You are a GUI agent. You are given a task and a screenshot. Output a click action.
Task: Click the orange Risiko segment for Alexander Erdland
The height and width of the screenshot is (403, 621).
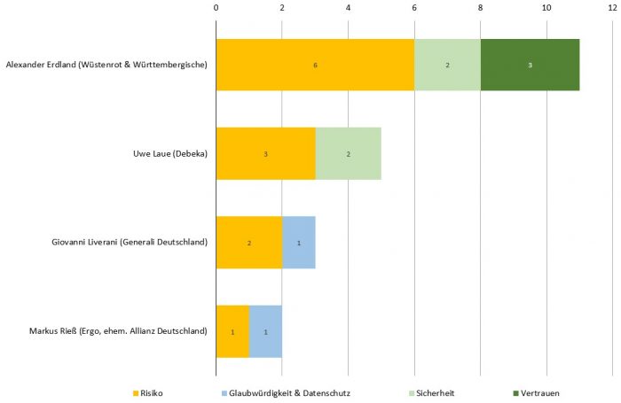pyautogui.click(x=315, y=65)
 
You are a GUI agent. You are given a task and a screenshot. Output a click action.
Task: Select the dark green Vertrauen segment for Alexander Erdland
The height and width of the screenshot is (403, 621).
pyautogui.click(x=530, y=65)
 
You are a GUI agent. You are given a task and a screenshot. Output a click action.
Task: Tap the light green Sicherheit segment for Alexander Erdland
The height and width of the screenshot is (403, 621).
pyautogui.click(x=447, y=65)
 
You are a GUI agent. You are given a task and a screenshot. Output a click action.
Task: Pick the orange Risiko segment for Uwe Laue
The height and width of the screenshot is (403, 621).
pyautogui.click(x=265, y=154)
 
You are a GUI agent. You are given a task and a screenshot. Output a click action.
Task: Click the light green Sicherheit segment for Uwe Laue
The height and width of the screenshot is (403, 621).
pyautogui.click(x=348, y=154)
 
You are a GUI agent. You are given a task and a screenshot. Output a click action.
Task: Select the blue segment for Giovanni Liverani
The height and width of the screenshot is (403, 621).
pyautogui.click(x=299, y=243)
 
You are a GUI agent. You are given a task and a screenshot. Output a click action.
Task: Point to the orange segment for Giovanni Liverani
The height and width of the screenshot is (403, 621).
pyautogui.click(x=249, y=243)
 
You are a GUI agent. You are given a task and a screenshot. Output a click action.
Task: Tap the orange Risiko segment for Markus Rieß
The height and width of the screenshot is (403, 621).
pyautogui.click(x=232, y=331)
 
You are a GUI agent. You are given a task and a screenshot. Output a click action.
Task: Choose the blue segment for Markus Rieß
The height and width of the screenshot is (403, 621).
pyautogui.click(x=265, y=331)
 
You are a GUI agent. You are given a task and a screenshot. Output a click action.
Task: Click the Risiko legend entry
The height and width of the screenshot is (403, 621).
pyautogui.click(x=152, y=392)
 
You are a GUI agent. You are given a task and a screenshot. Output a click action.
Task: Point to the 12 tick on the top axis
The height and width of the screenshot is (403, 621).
pyautogui.click(x=612, y=8)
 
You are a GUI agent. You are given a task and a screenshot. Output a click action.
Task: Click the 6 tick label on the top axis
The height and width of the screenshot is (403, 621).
pyautogui.click(x=414, y=8)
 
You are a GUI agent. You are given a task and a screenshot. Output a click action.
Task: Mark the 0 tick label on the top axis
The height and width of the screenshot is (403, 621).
pyautogui.click(x=216, y=8)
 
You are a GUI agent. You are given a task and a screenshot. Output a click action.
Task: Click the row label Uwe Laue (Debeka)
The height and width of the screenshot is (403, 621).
pyautogui.click(x=164, y=154)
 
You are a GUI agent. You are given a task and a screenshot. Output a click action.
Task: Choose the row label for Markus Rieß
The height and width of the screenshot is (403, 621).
pyautogui.click(x=118, y=331)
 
